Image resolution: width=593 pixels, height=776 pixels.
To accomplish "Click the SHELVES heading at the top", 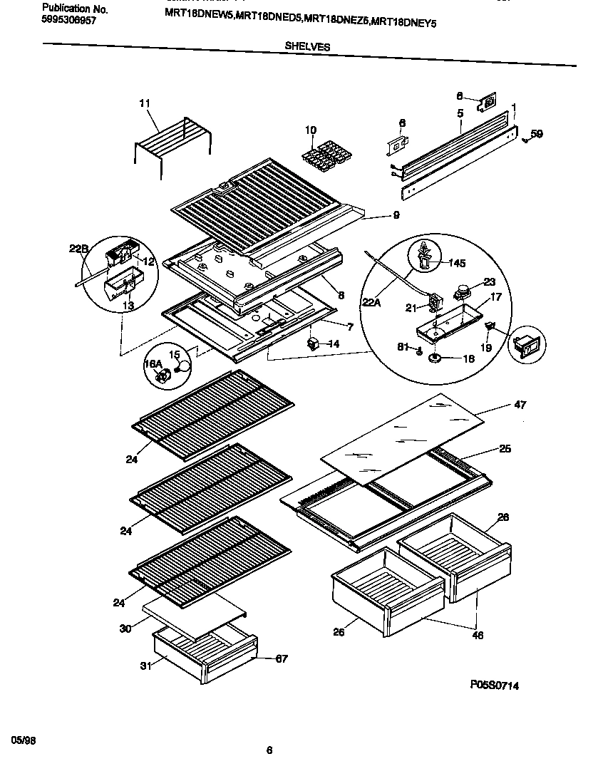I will coord(307,46).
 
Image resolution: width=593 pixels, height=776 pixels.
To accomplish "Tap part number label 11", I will coord(145,104).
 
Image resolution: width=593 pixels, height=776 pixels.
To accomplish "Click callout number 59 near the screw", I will coord(536,133).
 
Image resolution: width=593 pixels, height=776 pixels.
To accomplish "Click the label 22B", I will coord(79,248).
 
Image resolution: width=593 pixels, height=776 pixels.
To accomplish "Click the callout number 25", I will coord(505,449).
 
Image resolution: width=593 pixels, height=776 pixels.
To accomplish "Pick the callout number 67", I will coord(281,658).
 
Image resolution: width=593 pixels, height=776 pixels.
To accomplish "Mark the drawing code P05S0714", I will coord(493,686).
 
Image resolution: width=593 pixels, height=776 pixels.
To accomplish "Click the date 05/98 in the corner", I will coord(24,740).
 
